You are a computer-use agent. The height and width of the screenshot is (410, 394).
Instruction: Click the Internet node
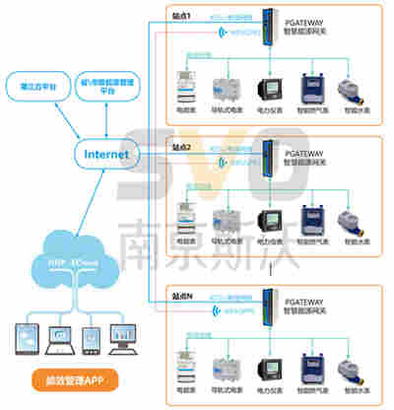(x=106, y=155)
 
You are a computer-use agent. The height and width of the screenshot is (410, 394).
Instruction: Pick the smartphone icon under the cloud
(x=91, y=336)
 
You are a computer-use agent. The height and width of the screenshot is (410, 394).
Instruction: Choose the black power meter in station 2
(x=268, y=219)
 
